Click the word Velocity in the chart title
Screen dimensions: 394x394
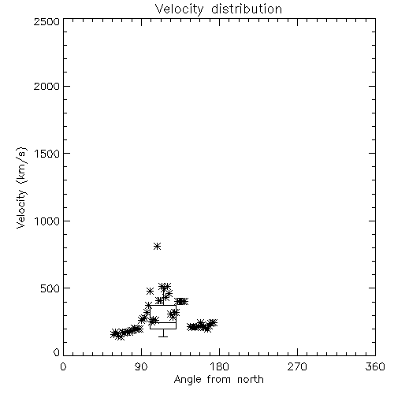tap(180, 9)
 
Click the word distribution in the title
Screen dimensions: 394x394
tap(247, 9)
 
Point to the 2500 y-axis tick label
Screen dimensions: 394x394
tap(46, 21)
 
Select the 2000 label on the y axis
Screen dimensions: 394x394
tap(46, 86)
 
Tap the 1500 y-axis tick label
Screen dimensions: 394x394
tap(47, 154)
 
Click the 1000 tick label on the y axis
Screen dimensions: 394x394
tap(47, 221)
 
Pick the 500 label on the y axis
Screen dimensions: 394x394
tap(50, 288)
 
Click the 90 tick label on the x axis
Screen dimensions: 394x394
tap(141, 366)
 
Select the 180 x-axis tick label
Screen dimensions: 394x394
tap(219, 366)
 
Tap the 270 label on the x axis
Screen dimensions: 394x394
tap(297, 366)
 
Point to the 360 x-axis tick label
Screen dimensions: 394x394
tap(375, 366)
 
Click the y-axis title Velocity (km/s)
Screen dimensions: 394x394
tap(21, 188)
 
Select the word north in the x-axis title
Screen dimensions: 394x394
tap(251, 380)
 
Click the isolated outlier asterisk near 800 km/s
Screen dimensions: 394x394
tap(157, 246)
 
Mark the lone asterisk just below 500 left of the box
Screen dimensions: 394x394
tap(150, 291)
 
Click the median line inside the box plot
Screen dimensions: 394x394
tap(163, 322)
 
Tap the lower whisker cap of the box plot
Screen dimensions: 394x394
tap(163, 336)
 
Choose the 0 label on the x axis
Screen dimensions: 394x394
tap(63, 366)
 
